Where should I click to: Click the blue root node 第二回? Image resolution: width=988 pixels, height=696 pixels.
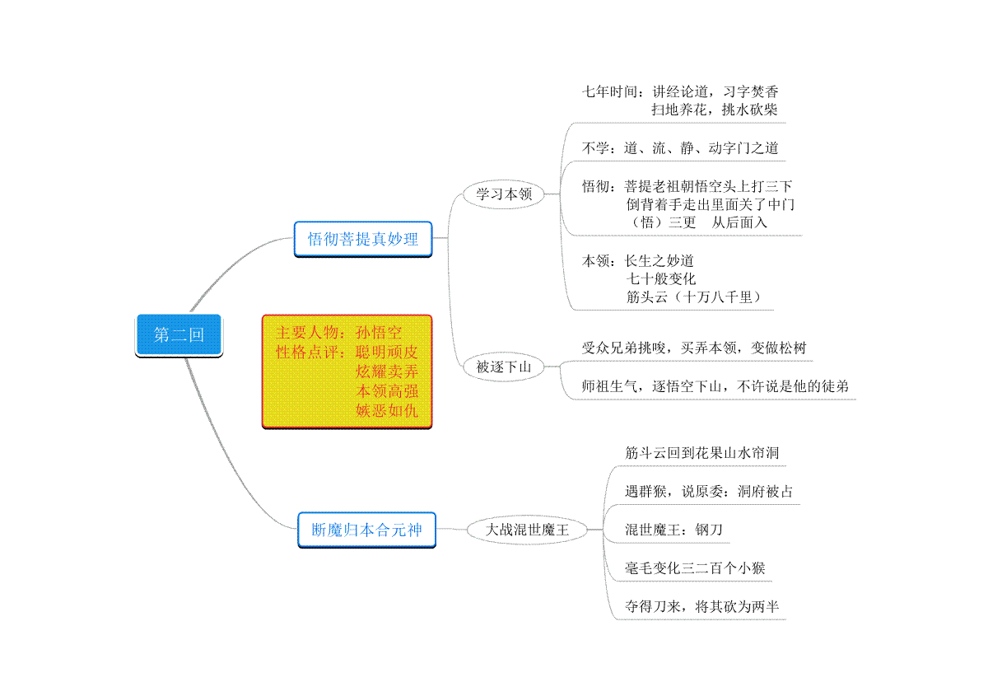[x=179, y=335]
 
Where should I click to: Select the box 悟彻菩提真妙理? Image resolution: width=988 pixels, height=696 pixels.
[x=363, y=239]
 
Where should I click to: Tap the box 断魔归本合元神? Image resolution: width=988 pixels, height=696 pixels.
[x=367, y=530]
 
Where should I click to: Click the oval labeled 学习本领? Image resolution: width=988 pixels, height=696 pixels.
[x=504, y=194]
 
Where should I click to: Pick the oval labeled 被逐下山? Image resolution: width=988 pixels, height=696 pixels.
[x=504, y=367]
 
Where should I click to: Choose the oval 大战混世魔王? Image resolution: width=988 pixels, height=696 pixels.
[x=527, y=529]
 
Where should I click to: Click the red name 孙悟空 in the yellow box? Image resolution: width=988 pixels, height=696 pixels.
[x=379, y=332]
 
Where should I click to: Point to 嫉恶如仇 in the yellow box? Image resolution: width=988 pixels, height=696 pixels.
[x=387, y=410]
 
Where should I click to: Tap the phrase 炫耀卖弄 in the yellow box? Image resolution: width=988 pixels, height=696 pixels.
[x=387, y=371]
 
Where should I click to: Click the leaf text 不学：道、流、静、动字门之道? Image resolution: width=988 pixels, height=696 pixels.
[x=680, y=148]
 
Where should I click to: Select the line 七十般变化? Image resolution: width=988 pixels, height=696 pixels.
[x=660, y=278]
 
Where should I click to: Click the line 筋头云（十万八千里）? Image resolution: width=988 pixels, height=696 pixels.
[x=694, y=297]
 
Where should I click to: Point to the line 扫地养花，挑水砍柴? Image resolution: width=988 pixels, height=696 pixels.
[x=715, y=109]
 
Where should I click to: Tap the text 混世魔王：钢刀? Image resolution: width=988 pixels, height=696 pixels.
[x=673, y=529]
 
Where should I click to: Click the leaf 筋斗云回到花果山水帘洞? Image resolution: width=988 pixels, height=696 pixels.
[x=701, y=452]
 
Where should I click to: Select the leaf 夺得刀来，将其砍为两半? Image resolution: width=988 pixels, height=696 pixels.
[x=701, y=606]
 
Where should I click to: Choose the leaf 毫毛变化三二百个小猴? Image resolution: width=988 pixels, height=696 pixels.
[x=695, y=568]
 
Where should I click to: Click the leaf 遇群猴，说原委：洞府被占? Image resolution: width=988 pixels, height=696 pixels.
[x=709, y=491]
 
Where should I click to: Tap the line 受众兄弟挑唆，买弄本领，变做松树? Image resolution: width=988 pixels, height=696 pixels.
[x=694, y=348]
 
